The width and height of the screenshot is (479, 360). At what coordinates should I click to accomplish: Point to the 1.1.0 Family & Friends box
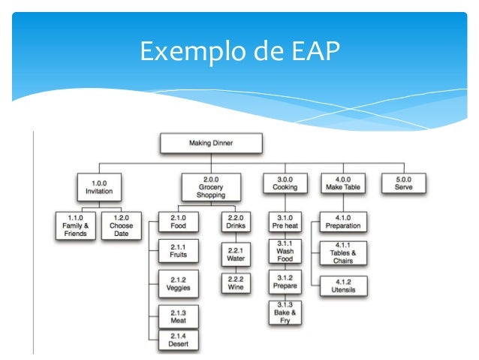pyautogui.click(x=75, y=225)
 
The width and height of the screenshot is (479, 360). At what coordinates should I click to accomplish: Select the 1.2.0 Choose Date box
pyautogui.click(x=121, y=225)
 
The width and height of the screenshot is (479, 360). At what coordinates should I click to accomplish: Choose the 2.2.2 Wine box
pyautogui.click(x=235, y=283)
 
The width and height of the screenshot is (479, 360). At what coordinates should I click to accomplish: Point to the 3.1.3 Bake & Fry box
pyautogui.click(x=285, y=313)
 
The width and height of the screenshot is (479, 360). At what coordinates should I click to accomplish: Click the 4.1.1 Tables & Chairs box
pyautogui.click(x=343, y=253)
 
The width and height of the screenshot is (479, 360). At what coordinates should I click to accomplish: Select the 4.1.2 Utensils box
pyautogui.click(x=343, y=286)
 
